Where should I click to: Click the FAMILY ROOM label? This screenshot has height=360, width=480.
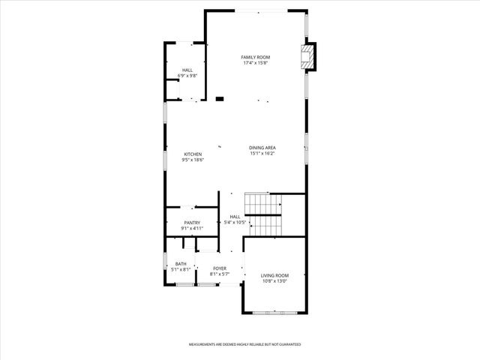(255, 58)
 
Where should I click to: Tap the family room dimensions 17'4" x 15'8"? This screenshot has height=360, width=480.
(255, 63)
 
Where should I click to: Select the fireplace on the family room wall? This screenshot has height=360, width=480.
(307, 57)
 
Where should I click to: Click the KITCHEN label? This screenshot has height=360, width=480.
(193, 154)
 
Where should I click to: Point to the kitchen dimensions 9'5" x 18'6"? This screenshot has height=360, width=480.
(193, 160)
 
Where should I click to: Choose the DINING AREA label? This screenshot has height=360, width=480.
(262, 148)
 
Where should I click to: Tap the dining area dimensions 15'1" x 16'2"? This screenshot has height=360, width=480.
(262, 154)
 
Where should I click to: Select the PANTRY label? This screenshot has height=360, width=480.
(192, 223)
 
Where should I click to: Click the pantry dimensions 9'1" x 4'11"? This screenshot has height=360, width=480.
(192, 228)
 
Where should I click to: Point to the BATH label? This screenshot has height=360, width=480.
(181, 263)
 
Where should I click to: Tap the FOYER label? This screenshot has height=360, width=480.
(220, 268)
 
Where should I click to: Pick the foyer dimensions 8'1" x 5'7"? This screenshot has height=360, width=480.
(220, 273)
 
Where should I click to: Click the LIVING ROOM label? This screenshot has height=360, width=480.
(274, 275)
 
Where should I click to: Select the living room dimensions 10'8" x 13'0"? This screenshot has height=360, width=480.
(274, 281)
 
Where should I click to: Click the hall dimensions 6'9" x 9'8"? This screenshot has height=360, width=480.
(187, 76)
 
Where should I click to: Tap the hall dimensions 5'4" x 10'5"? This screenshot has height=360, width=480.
(235, 222)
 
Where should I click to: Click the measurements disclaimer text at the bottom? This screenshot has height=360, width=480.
(244, 344)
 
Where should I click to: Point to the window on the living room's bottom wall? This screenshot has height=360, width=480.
(274, 311)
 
